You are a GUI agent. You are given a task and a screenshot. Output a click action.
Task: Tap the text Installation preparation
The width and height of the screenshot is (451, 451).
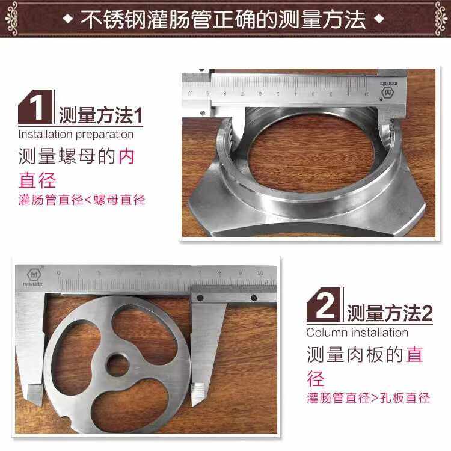click(x=76, y=134)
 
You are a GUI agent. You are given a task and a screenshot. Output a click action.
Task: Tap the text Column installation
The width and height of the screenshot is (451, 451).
click(x=357, y=333)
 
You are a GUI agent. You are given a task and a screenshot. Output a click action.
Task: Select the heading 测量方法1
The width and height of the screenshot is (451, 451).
click(x=100, y=115)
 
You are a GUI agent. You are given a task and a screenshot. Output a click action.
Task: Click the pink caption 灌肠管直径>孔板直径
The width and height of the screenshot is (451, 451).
click(x=368, y=397)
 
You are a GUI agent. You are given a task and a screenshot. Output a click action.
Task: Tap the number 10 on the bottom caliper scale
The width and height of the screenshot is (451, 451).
click(x=260, y=273)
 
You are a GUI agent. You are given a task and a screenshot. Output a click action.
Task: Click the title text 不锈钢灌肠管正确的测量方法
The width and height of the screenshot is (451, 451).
click(x=223, y=19)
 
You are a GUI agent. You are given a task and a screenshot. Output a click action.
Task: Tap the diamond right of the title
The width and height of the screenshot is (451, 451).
click(x=378, y=19)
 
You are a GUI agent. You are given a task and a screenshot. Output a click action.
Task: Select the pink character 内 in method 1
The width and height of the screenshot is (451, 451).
click(x=126, y=158)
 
